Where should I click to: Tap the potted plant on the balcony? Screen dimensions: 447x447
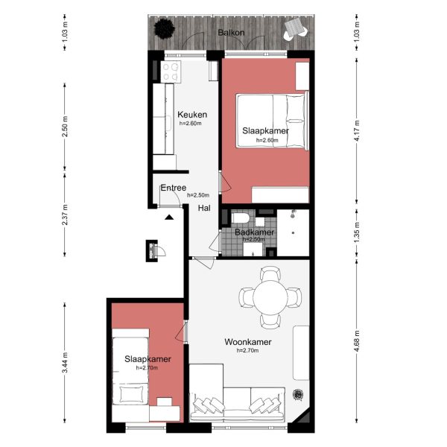[164, 28]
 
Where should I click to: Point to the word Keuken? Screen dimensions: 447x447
[191, 115]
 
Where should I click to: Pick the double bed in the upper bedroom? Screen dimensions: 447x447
[272, 121]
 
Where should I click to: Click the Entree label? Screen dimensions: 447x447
[173, 188]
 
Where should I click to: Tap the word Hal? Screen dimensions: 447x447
[203, 209]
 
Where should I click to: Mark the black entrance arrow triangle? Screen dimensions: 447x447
[170, 217]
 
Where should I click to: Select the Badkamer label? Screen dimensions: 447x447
[254, 232]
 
